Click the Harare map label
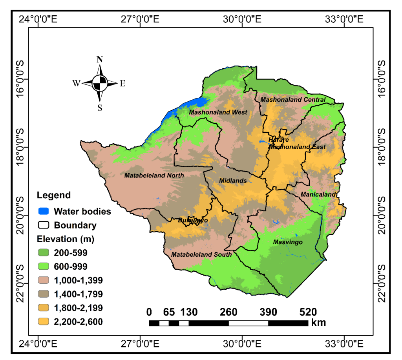click(279, 140)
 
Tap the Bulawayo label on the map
click(193, 221)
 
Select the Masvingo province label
click(288, 242)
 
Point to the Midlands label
click(233, 181)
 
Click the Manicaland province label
click(318, 194)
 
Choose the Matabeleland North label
click(154, 175)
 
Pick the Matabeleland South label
click(201, 254)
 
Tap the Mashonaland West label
click(218, 112)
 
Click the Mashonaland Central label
click(293, 100)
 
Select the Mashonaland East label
click(297, 147)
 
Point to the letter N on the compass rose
click(100, 60)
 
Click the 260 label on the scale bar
click(228, 312)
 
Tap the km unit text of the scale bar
click(318, 323)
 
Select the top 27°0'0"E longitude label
click(140, 19)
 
